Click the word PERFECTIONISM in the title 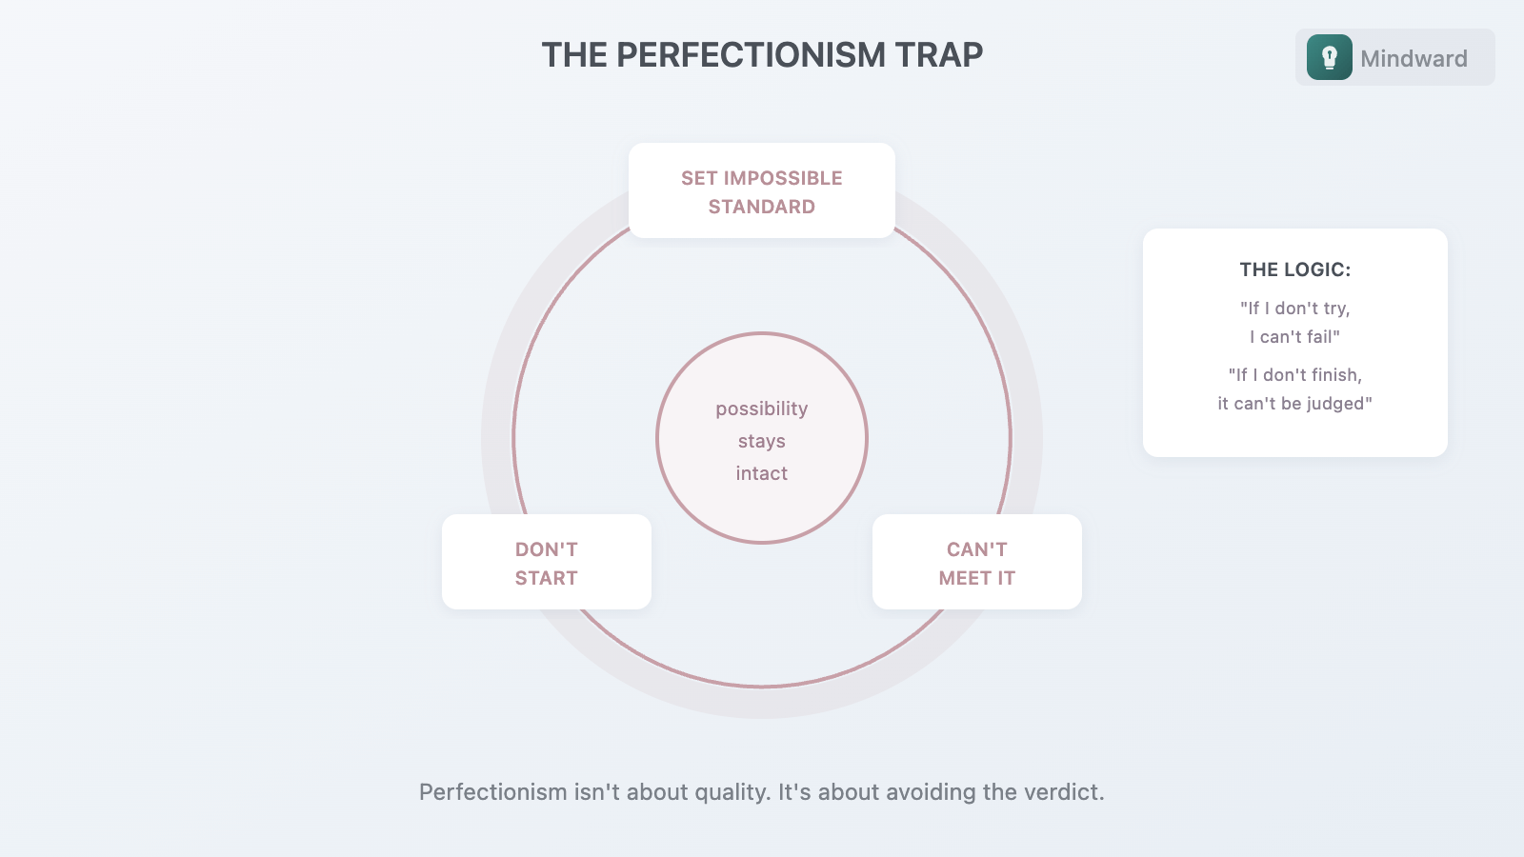[x=752, y=55]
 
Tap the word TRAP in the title [x=938, y=55]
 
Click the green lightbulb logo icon [x=1329, y=57]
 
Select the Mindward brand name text [x=1414, y=59]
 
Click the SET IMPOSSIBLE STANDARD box [x=762, y=190]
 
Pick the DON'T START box [x=547, y=562]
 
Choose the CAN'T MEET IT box [x=977, y=562]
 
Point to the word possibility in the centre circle [x=762, y=409]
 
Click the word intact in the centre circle [x=762, y=473]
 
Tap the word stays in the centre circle [x=762, y=441]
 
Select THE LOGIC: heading [x=1294, y=269]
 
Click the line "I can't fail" [x=1294, y=337]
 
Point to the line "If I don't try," [x=1294, y=309]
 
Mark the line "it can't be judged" [x=1294, y=404]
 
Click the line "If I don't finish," [x=1294, y=375]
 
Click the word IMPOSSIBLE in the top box [x=783, y=178]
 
